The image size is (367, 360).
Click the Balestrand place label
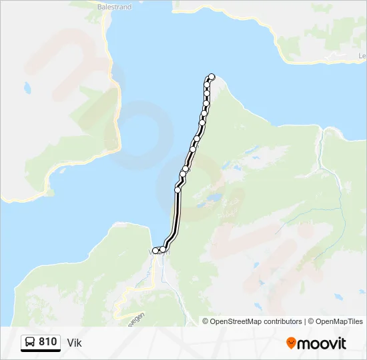click(x=114, y=7)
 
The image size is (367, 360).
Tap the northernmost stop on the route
click(x=212, y=77)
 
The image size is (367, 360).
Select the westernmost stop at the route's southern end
click(x=155, y=251)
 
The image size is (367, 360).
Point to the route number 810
click(x=48, y=342)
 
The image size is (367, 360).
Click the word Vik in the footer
click(x=74, y=343)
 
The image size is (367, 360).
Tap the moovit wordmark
click(x=322, y=343)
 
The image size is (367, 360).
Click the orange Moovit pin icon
click(x=291, y=343)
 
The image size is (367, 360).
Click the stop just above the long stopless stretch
click(x=177, y=190)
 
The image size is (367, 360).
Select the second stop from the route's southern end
click(x=162, y=249)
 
